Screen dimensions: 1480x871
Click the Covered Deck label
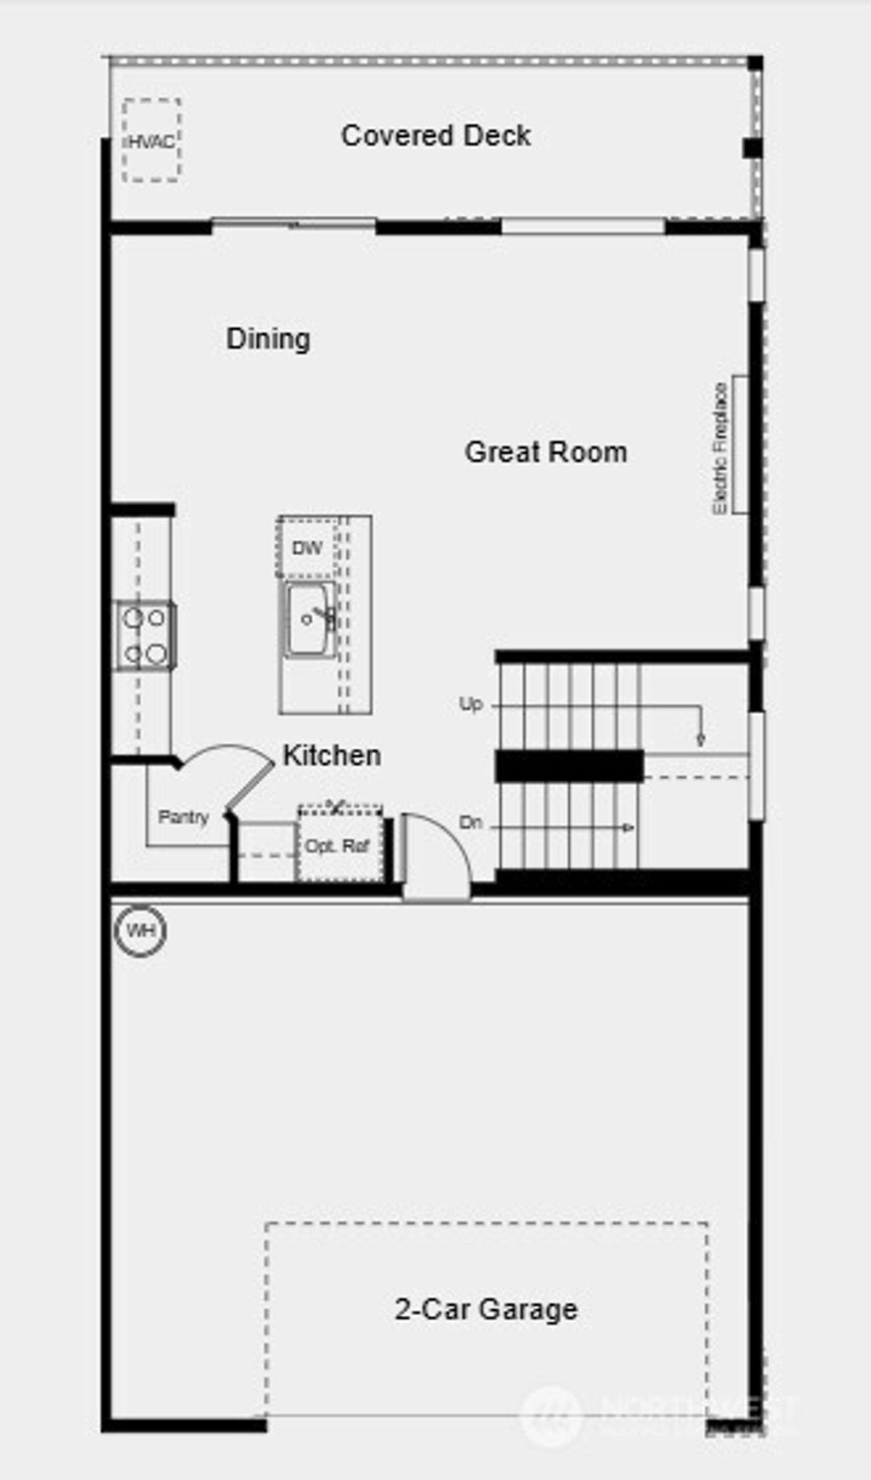coord(435,135)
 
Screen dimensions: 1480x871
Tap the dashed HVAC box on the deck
coord(151,140)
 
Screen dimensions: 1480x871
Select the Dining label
coord(268,338)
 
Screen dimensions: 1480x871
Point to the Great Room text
coord(545,451)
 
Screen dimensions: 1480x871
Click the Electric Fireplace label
coord(720,447)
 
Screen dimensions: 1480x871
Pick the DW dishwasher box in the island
coord(306,547)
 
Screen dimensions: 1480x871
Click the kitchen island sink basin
coord(308,619)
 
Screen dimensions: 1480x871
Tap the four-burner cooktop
coord(145,636)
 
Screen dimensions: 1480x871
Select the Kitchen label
coord(331,755)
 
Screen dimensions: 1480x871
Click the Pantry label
coord(183,817)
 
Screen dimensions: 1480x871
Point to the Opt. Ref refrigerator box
coord(338,846)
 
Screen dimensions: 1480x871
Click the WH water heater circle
coord(140,930)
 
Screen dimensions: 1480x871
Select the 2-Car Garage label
coord(486,1308)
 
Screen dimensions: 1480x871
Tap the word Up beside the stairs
coord(470,704)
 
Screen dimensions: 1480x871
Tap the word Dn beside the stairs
coord(470,822)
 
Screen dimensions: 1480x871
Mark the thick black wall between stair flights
coord(568,765)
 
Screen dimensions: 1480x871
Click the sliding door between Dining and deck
coord(293,225)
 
